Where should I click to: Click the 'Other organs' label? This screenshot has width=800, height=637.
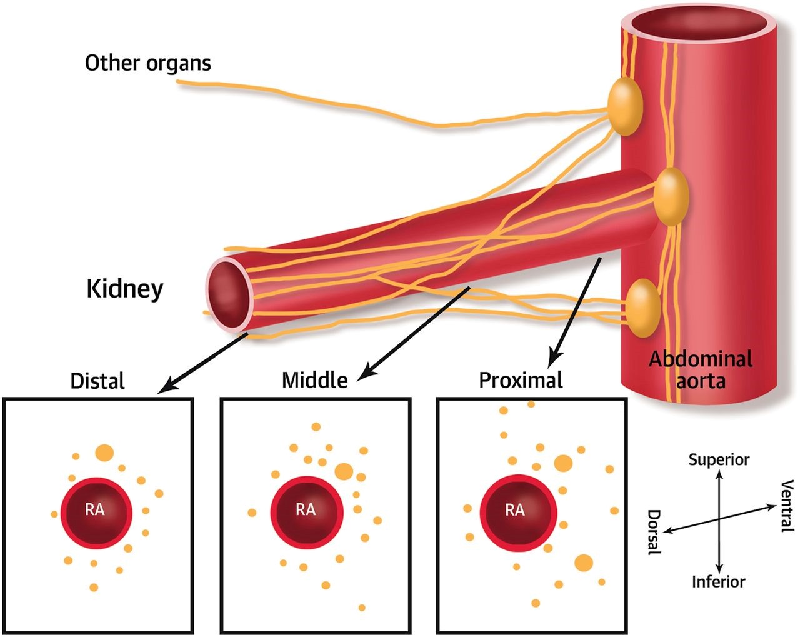[148, 63]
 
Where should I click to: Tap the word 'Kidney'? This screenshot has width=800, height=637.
[124, 289]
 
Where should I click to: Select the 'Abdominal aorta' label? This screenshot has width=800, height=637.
[700, 369]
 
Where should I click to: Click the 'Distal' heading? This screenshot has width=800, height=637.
[97, 381]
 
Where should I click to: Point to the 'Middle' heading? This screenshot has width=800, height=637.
[314, 380]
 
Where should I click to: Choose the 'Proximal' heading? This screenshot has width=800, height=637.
[521, 380]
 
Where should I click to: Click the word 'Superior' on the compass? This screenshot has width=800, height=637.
[719, 460]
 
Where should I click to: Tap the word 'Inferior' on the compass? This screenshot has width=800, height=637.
[719, 582]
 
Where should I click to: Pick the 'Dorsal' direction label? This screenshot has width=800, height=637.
[653, 531]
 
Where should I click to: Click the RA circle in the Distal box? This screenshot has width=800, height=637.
[96, 512]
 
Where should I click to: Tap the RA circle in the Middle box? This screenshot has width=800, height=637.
[306, 512]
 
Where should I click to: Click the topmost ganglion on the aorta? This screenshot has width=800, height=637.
[625, 106]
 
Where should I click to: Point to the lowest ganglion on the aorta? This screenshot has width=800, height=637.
[643, 308]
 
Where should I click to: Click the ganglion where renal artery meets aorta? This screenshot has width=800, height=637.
[671, 196]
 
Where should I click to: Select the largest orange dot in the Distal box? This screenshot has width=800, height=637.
[104, 453]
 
